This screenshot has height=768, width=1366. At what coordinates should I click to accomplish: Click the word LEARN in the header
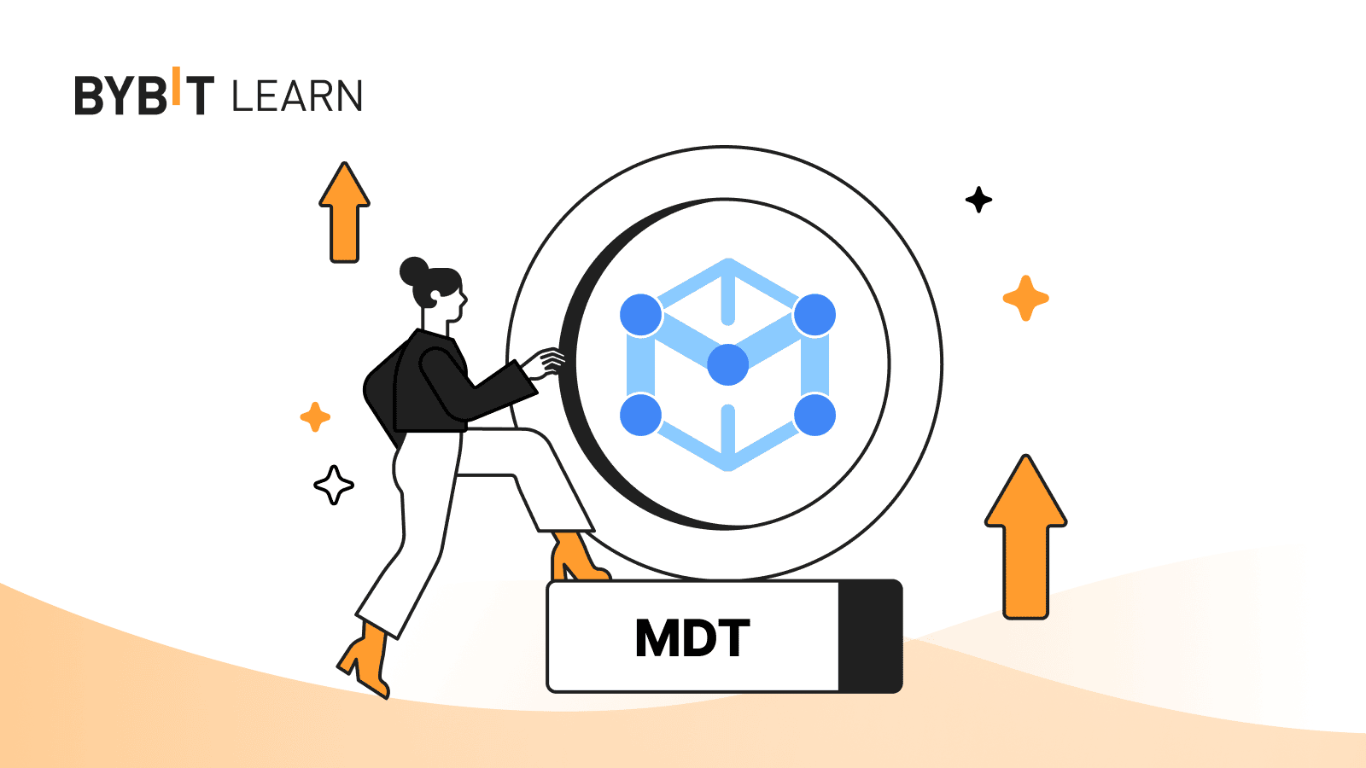click(x=297, y=96)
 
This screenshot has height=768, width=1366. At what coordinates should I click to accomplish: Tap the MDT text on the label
click(x=692, y=637)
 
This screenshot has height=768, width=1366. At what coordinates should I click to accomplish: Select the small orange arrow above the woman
click(x=344, y=212)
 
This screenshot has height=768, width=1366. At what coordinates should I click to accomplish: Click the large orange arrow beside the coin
click(x=1025, y=536)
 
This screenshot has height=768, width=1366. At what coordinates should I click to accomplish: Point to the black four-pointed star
click(x=978, y=200)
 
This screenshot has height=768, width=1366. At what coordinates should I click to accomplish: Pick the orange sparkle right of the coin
click(x=1025, y=298)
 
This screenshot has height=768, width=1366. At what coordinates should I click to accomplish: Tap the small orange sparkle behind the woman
click(x=315, y=416)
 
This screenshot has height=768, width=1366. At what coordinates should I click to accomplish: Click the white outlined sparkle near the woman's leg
click(x=334, y=485)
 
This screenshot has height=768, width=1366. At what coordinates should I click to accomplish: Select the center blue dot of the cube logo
click(x=728, y=364)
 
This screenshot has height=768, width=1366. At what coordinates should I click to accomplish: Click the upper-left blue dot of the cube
click(x=641, y=315)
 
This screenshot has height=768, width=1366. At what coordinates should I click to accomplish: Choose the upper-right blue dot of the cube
click(x=814, y=315)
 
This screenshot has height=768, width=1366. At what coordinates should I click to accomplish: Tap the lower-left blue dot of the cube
click(x=641, y=415)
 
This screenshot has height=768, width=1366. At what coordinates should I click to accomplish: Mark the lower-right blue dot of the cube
click(x=814, y=415)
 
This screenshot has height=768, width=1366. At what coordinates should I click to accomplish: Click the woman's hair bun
click(x=414, y=271)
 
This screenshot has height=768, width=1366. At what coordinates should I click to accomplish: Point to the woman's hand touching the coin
click(x=545, y=364)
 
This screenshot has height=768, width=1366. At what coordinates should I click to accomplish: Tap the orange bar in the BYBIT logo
click(x=177, y=85)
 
